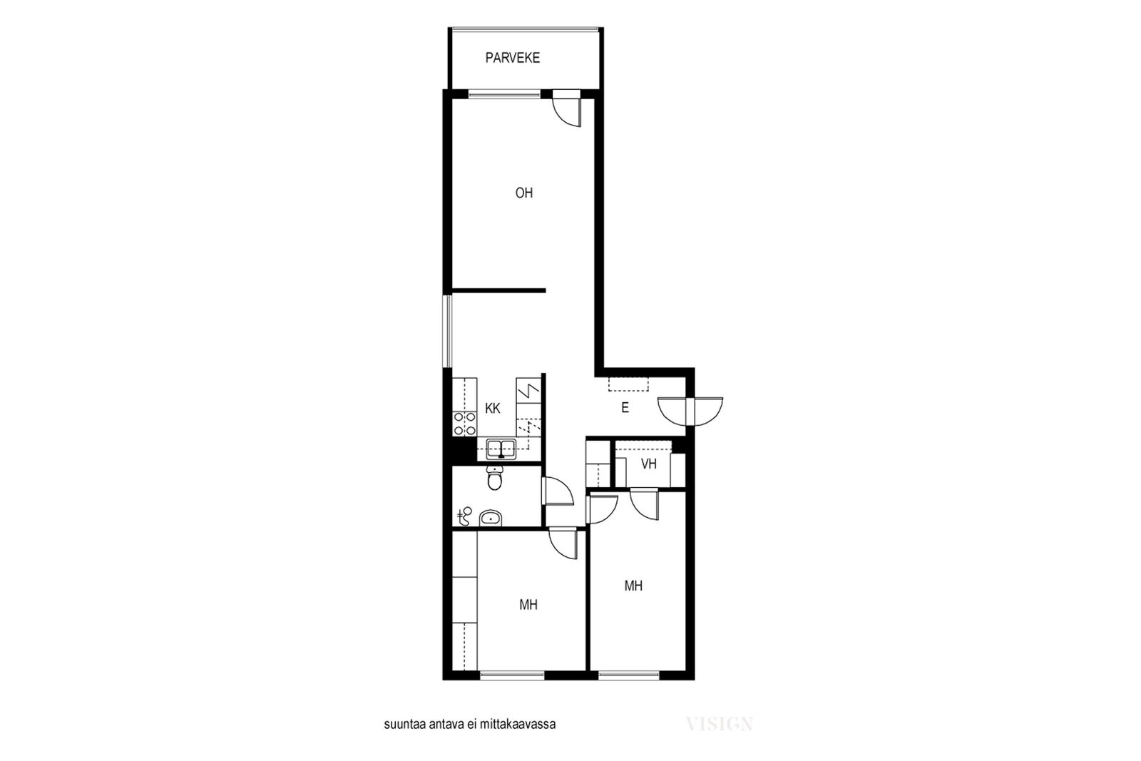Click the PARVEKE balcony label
(513, 58)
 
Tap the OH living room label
(524, 193)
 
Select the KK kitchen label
(493, 409)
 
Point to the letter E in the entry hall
(625, 407)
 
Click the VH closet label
(648, 464)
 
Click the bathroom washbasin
(491, 518)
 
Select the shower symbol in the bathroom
(464, 516)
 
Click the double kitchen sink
(501, 449)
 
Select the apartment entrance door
(690, 412)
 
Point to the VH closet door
(645, 504)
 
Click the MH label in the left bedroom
(528, 605)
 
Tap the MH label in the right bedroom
(633, 586)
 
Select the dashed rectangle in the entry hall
(628, 384)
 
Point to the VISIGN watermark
(720, 723)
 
